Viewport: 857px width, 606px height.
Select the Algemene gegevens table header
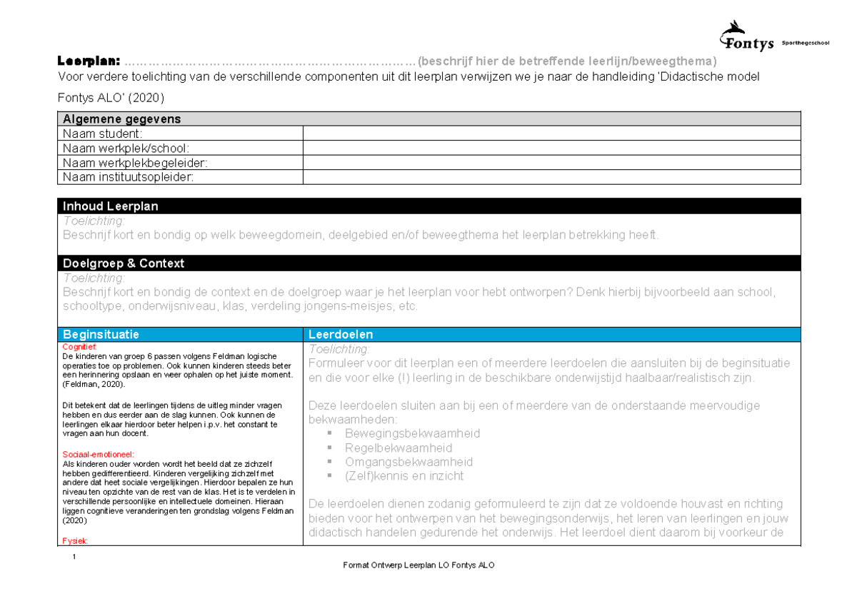pos(121,119)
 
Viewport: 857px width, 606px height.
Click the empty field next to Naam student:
pos(551,133)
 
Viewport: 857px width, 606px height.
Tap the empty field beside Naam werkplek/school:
pos(551,148)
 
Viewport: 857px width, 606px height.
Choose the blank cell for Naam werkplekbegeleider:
pos(551,163)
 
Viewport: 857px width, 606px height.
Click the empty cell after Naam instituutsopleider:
pos(551,177)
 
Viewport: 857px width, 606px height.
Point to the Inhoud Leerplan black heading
pos(111,206)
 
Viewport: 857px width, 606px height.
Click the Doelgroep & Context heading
pos(124,263)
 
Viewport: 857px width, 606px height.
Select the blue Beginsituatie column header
pos(101,334)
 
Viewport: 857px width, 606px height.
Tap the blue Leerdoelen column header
pos(341,334)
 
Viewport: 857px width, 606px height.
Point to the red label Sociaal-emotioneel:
pos(98,454)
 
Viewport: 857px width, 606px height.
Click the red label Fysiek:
pos(74,540)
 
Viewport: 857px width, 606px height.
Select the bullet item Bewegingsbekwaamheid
pos(412,433)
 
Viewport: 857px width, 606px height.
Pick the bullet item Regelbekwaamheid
pos(398,448)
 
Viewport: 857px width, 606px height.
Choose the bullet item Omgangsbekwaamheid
pos(409,462)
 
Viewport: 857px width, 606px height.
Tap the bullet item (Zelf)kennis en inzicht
pos(404,476)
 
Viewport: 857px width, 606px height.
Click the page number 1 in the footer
pos(74,556)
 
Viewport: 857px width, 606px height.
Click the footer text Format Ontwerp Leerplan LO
pos(419,565)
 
